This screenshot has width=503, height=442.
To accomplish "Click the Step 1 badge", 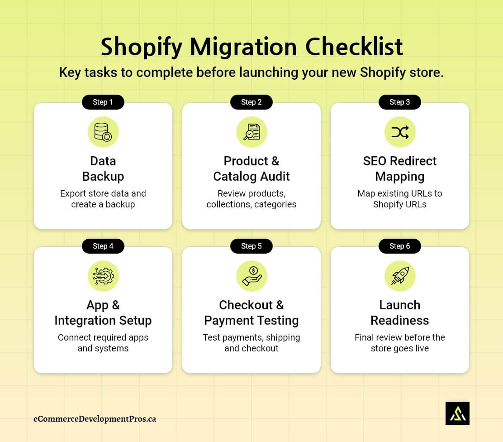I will click(x=103, y=102).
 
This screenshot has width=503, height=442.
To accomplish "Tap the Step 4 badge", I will click(x=103, y=246).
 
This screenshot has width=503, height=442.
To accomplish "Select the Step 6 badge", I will click(x=400, y=246).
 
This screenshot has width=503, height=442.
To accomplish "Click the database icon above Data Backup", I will click(x=103, y=132).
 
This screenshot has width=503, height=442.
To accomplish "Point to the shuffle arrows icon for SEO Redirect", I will click(x=400, y=132).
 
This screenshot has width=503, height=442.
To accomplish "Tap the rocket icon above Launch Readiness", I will click(x=400, y=276).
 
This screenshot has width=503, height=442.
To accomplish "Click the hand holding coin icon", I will click(x=251, y=276).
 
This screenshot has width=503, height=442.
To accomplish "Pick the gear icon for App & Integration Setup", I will click(x=103, y=276).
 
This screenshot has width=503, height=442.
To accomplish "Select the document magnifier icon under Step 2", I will click(x=251, y=132).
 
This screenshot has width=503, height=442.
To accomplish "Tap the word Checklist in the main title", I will click(x=354, y=47).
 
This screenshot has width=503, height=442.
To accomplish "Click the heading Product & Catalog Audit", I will click(x=251, y=168).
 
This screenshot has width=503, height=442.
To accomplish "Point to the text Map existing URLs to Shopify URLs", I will click(x=400, y=199).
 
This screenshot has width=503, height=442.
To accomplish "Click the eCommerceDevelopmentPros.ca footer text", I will click(x=95, y=418).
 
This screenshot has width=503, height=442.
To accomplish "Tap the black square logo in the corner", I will click(x=457, y=413).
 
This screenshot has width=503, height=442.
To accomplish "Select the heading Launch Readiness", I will click(x=400, y=312).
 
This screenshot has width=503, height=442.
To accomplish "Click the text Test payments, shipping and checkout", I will click(x=251, y=343).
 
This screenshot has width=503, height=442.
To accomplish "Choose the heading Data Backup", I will click(x=103, y=168).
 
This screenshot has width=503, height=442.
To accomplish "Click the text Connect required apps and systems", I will click(x=103, y=343).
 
